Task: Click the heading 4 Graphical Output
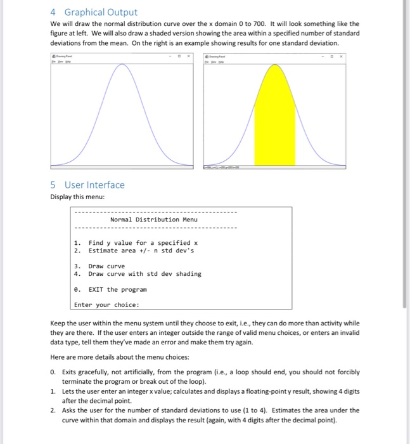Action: point(93,12)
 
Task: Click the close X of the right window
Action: point(344,56)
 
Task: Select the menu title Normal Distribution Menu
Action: point(153,219)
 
